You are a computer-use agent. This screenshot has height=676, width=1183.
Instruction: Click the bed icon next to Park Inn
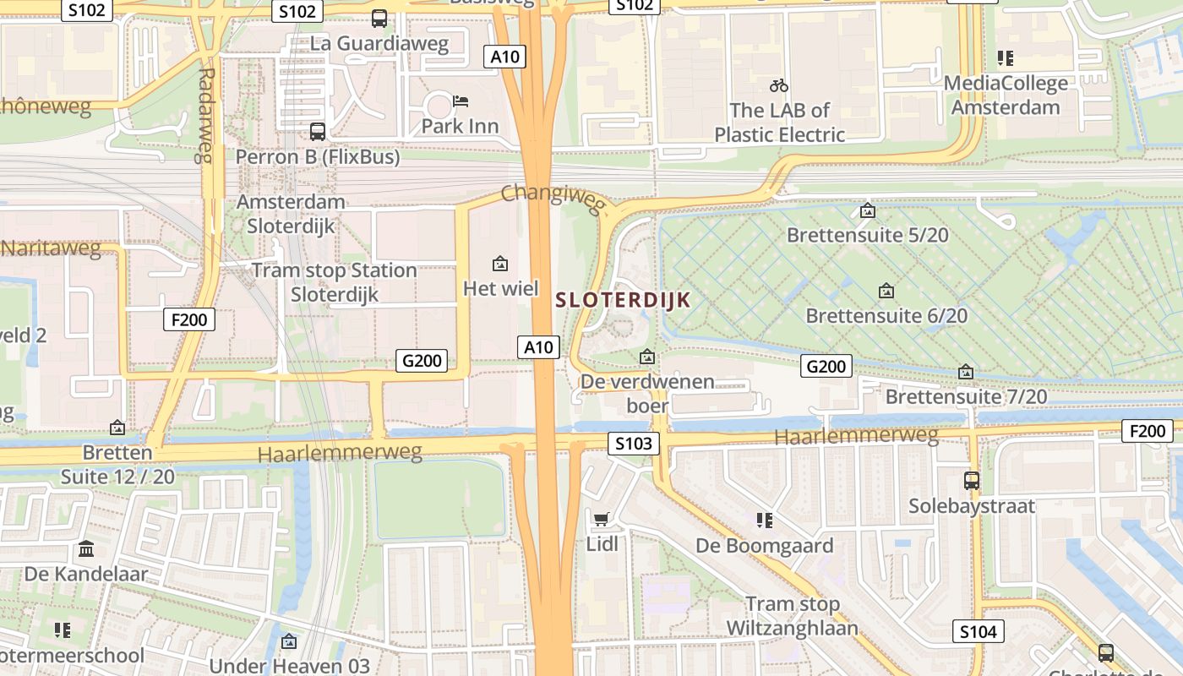tap(461, 101)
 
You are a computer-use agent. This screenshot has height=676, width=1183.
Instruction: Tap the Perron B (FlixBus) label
tap(317, 156)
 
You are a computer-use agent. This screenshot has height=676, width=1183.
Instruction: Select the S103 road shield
tap(633, 444)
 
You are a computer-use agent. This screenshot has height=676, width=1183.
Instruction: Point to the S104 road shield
tap(979, 631)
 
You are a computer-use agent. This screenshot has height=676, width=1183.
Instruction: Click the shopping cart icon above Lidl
tap(601, 519)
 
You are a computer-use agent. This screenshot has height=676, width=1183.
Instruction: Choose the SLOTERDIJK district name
tap(623, 299)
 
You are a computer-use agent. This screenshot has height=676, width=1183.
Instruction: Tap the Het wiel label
tap(500, 288)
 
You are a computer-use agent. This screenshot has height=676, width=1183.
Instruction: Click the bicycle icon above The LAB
tap(779, 85)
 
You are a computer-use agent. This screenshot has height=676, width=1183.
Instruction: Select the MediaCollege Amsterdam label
tap(1006, 95)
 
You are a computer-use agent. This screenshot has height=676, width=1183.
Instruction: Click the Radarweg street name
tap(205, 114)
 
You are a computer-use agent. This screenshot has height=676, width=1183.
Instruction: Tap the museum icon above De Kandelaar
tap(86, 550)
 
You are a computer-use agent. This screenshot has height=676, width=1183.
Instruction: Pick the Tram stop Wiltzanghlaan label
tap(792, 616)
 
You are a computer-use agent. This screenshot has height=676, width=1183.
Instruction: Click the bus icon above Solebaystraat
tap(972, 481)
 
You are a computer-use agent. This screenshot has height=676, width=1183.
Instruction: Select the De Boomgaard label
tap(765, 545)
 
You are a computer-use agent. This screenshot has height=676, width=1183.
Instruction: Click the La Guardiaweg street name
tap(379, 42)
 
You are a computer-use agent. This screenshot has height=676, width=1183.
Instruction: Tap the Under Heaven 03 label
tap(289, 665)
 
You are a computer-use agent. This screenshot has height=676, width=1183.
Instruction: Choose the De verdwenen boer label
tap(647, 394)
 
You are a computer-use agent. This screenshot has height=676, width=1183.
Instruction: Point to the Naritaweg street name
tap(51, 248)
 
